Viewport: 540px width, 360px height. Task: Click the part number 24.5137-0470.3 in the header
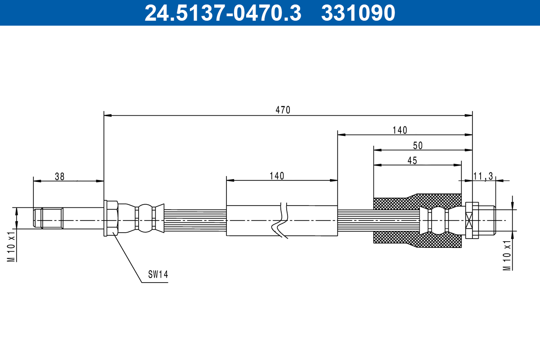tap(222, 13)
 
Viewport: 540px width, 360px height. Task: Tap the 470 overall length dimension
tap(283, 110)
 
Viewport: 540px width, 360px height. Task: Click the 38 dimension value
tap(59, 176)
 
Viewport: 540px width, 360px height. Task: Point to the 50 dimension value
tap(418, 145)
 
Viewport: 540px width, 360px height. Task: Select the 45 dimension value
tap(412, 161)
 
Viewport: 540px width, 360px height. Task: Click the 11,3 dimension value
tap(483, 176)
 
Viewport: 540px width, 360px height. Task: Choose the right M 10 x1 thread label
tap(507, 255)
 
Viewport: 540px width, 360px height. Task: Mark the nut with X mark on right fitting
tap(471, 220)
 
